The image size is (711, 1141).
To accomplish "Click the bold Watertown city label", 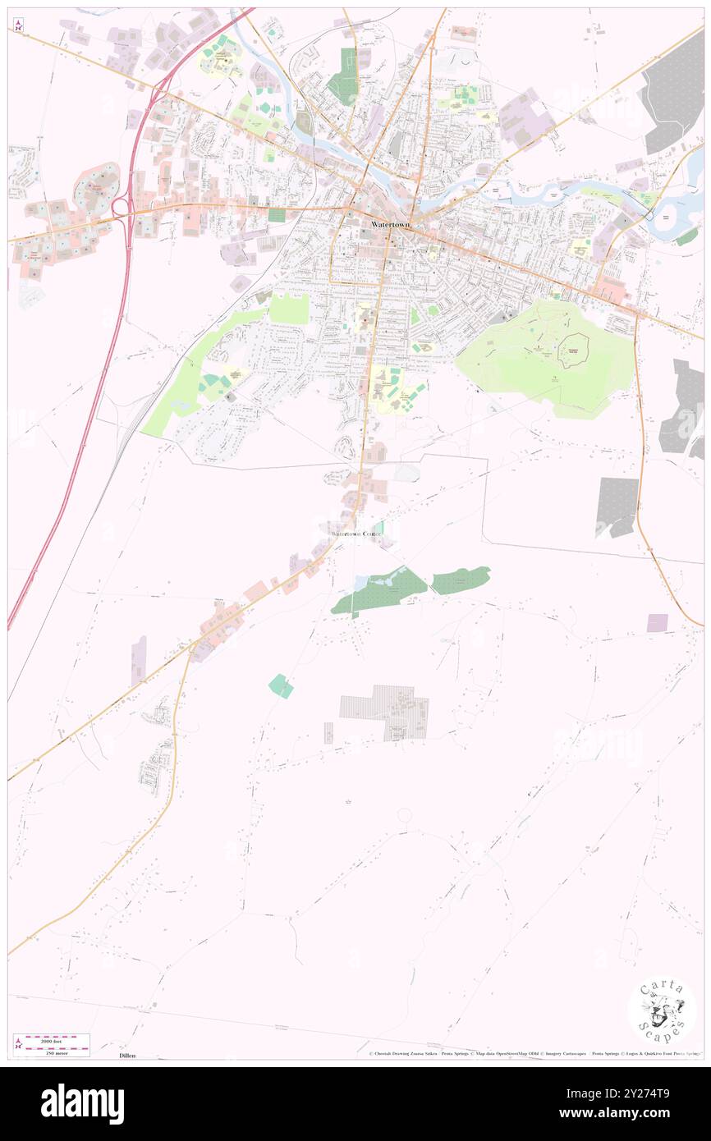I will [x=390, y=224].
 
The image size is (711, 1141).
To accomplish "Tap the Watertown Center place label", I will [x=356, y=534].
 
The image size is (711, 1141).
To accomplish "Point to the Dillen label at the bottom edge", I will [x=126, y=1055].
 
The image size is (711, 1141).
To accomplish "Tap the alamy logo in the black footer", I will [x=82, y=1103].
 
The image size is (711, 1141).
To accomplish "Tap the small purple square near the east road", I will [x=657, y=622].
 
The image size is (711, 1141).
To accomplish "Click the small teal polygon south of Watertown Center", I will [x=281, y=685].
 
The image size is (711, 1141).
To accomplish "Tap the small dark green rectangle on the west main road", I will [x=276, y=215].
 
